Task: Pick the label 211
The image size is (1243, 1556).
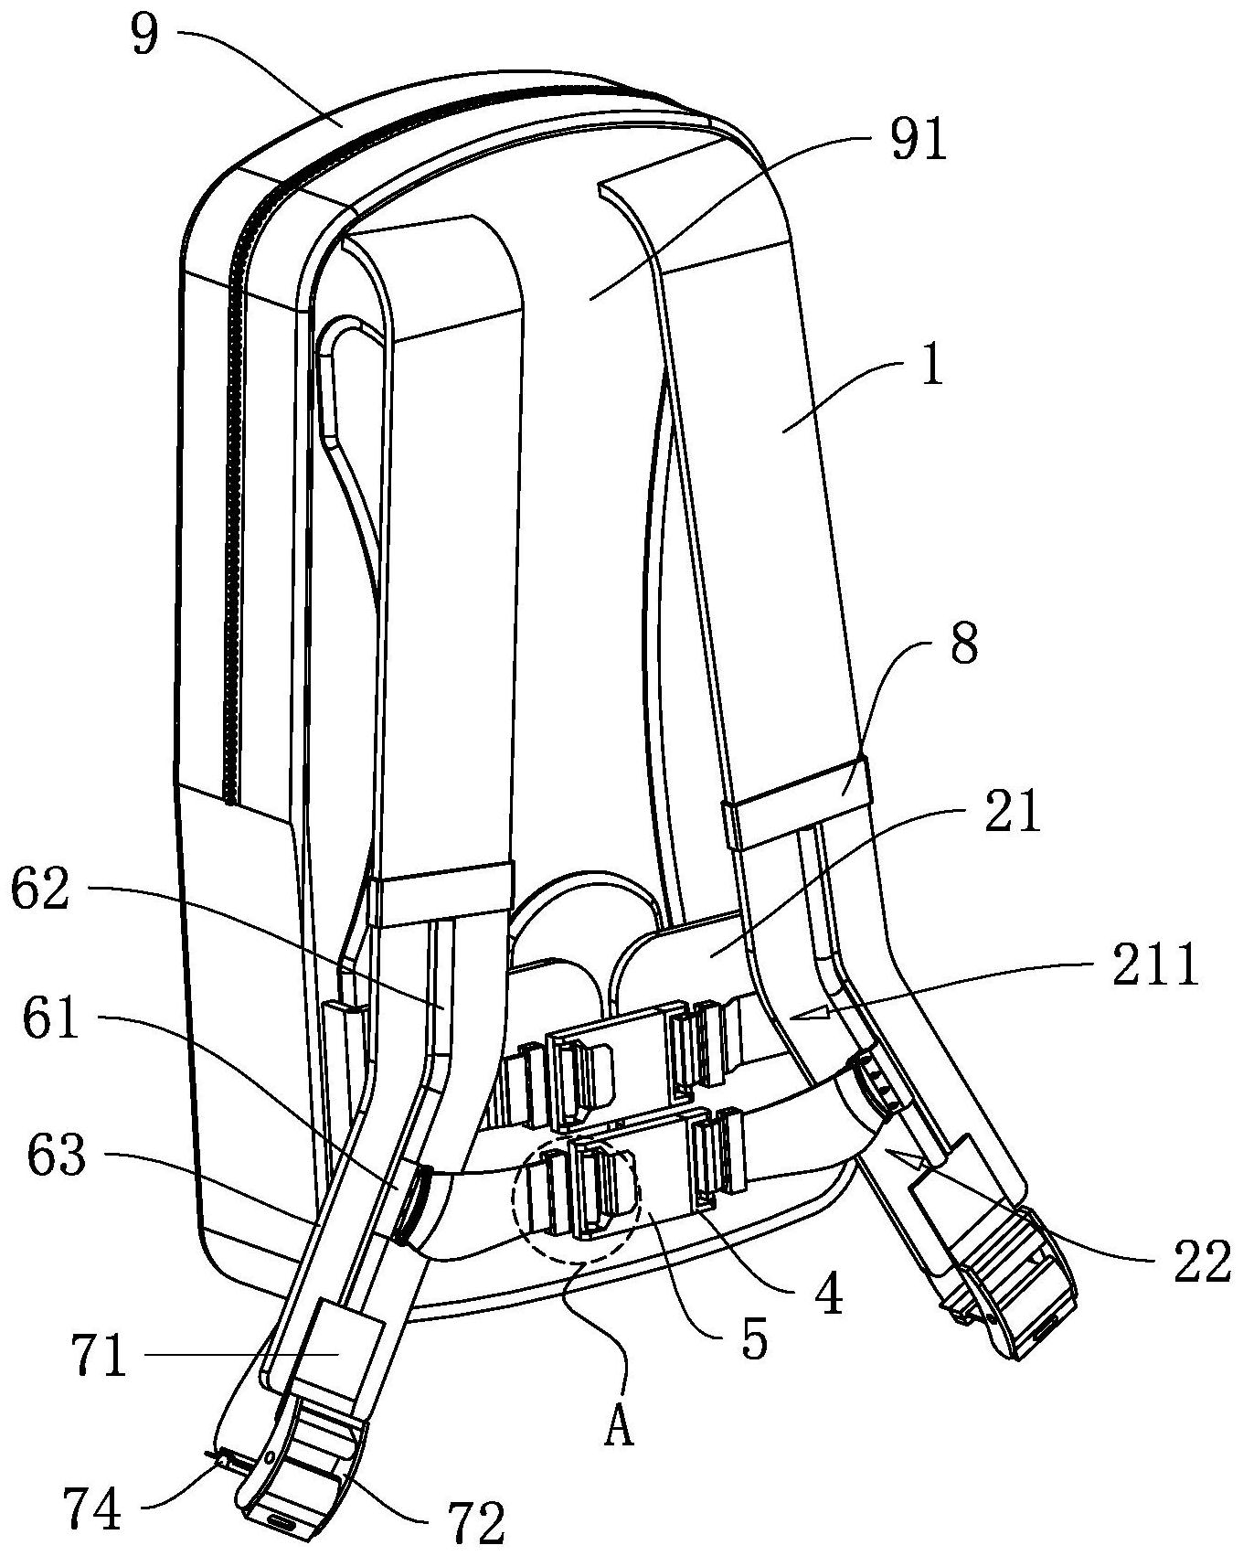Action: tap(1154, 967)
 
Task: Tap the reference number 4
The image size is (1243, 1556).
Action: tap(826, 1295)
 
